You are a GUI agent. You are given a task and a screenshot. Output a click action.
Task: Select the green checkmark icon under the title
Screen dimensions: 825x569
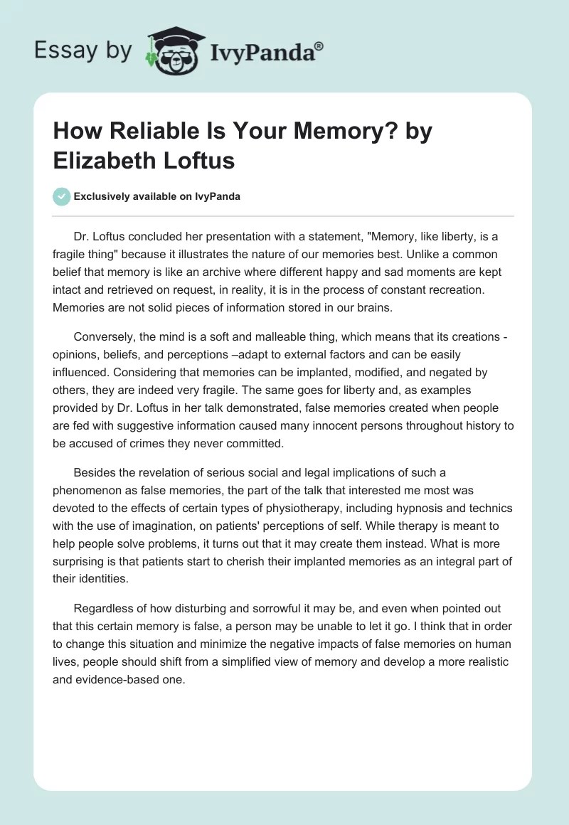61,196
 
